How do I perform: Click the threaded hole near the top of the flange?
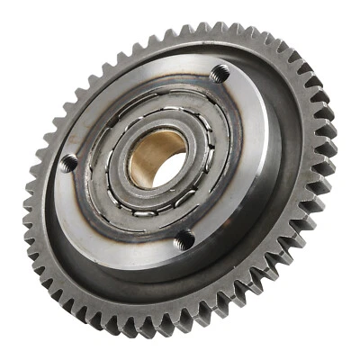click(218, 76)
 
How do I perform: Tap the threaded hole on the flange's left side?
click(69, 163)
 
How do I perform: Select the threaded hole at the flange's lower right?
click(184, 238)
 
